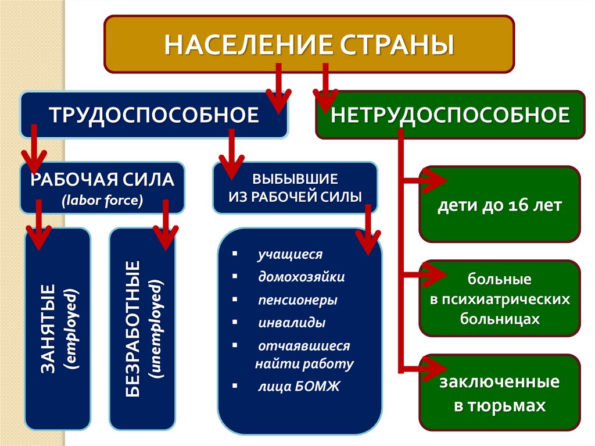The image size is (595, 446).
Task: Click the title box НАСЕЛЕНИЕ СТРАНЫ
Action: (309, 44)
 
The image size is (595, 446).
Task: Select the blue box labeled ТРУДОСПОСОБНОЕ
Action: (154, 114)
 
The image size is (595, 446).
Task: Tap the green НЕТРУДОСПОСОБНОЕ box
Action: (450, 115)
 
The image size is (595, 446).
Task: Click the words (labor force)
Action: (102, 201)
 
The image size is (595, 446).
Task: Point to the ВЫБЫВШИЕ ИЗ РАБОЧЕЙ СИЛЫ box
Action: (295, 186)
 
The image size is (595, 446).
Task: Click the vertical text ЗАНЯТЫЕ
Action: (48, 329)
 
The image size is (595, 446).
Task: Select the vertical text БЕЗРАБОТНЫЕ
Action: (133, 329)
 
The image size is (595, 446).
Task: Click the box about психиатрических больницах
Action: (499, 299)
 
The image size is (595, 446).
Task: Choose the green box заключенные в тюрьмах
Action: (499, 393)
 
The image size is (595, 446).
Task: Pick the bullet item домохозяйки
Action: (302, 276)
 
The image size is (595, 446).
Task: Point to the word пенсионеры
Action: (297, 301)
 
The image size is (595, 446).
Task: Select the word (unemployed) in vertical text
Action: (156, 329)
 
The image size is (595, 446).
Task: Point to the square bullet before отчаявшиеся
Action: (234, 345)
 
